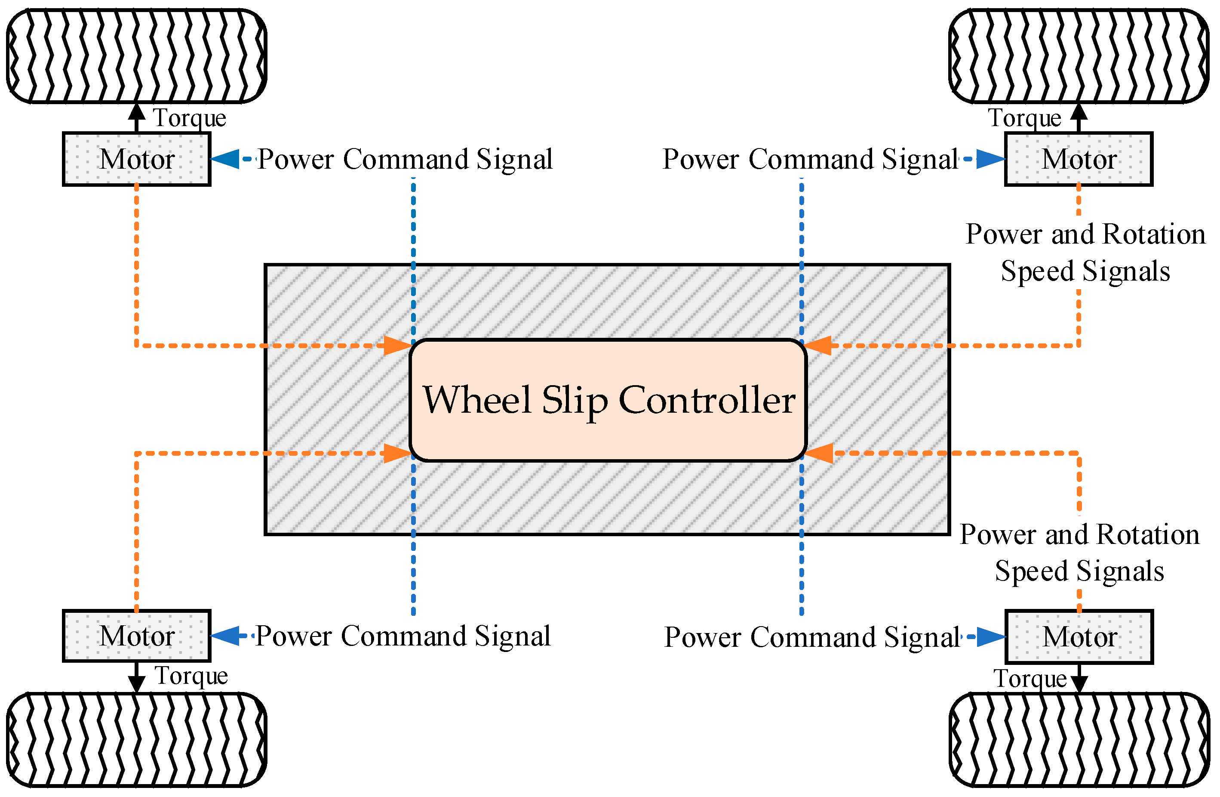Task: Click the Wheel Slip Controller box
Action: click(608, 400)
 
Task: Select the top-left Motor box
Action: click(136, 159)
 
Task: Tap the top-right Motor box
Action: click(1079, 159)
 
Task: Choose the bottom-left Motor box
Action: click(136, 636)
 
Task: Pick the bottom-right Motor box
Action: click(1079, 637)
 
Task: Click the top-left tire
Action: click(136, 56)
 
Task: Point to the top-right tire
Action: click(1079, 56)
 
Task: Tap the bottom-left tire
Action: click(136, 740)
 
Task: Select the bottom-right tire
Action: click(1079, 740)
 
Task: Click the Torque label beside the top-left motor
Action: click(190, 118)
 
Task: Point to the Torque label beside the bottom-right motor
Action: click(1030, 679)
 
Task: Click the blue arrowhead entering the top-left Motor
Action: click(224, 159)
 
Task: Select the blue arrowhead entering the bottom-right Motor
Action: click(991, 637)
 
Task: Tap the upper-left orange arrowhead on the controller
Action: click(398, 345)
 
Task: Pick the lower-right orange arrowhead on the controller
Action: click(818, 454)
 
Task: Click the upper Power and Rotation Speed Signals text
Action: click(1085, 252)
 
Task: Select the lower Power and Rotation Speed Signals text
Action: click(1079, 553)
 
